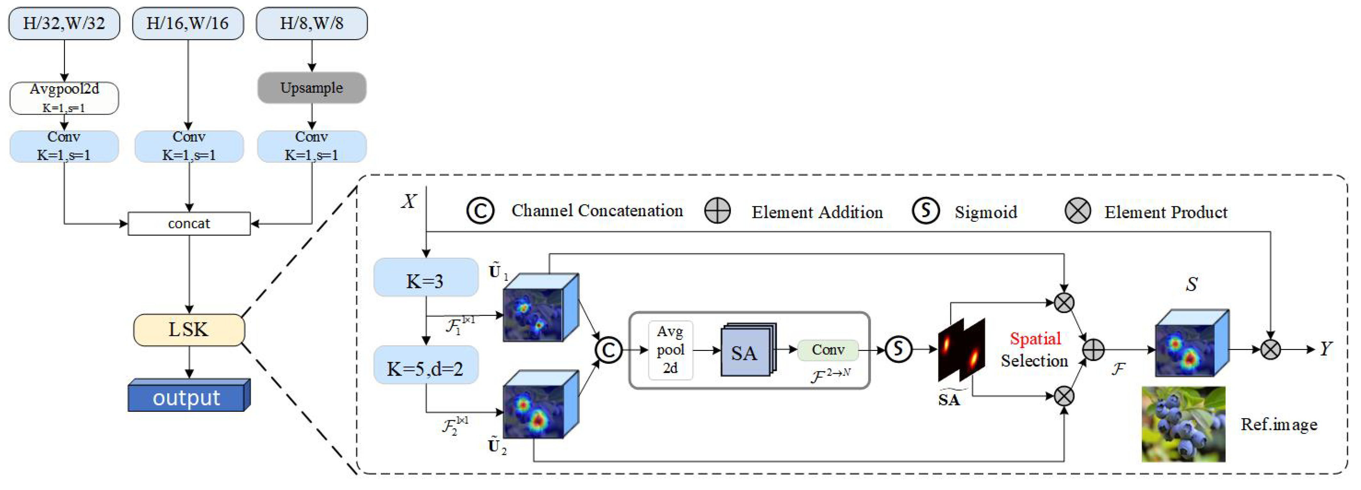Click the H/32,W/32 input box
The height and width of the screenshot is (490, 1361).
coord(64,24)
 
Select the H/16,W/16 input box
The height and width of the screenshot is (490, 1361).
coord(188,24)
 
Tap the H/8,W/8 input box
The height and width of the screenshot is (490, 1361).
coord(312,24)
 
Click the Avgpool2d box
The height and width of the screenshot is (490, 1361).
coord(64,98)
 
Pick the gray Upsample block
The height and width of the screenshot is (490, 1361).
coord(312,88)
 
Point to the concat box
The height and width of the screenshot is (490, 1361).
coord(189,224)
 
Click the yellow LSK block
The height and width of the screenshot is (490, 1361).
coord(189,330)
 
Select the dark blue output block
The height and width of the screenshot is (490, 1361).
coord(188,396)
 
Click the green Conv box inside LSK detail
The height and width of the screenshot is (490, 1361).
coord(827,350)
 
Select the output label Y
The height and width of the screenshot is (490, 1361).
coord(1325,349)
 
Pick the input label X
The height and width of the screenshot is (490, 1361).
coord(409,201)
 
